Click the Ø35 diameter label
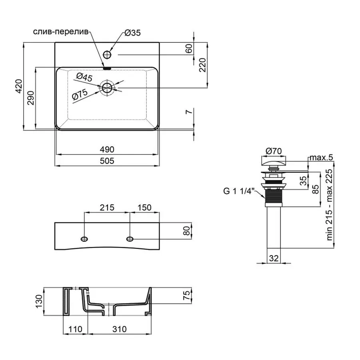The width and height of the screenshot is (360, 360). (x=132, y=34)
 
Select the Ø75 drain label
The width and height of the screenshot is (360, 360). (x=80, y=95)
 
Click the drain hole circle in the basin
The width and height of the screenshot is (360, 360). (x=107, y=88)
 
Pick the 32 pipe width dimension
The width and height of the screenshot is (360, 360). (x=274, y=258)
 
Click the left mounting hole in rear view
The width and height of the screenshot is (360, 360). (x=84, y=239)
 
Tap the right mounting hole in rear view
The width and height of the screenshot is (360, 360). (x=130, y=239)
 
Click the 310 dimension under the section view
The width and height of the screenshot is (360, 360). (x=119, y=329)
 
